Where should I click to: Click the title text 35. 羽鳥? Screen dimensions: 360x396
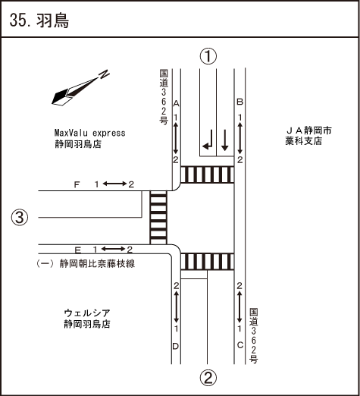point(39,20)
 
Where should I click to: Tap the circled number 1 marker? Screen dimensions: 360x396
point(208,56)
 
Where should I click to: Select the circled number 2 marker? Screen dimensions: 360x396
point(208,378)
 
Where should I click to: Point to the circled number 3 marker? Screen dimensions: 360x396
point(20,218)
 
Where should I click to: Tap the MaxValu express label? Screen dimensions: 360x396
point(89,133)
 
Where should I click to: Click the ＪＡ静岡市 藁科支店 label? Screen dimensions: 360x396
point(308,136)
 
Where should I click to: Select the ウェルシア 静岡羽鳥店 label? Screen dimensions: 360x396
point(87,319)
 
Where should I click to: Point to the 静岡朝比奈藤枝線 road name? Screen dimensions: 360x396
point(97,264)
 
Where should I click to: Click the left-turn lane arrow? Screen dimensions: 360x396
point(208,140)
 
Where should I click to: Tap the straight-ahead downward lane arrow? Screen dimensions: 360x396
point(224,140)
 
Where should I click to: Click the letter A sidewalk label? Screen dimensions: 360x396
point(176,103)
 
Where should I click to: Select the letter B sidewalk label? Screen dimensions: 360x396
point(239,102)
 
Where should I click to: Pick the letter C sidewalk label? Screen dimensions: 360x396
point(240,345)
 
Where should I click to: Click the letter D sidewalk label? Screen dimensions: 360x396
point(176,346)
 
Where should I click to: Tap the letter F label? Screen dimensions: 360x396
point(77,185)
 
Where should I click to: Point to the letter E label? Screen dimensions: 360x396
point(78,250)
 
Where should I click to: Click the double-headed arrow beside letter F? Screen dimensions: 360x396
point(114,184)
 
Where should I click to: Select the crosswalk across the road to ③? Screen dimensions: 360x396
point(158,218)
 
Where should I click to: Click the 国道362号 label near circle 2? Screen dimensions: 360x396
point(253,336)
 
